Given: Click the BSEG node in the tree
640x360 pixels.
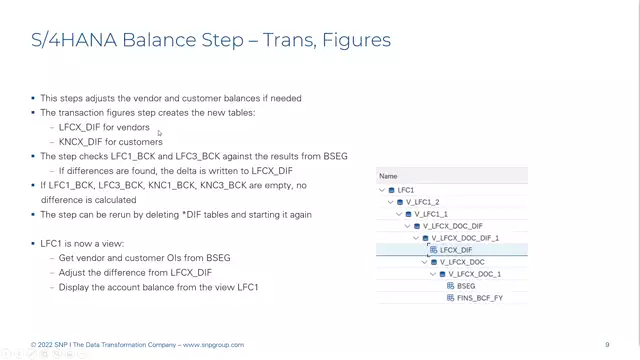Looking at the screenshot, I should pyautogui.click(x=465, y=286).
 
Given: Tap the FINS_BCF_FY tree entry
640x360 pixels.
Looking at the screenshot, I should pyautogui.click(x=479, y=298).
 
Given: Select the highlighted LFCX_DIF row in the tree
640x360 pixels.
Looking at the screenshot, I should pyautogui.click(x=456, y=250).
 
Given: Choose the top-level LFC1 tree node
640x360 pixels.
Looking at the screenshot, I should pyautogui.click(x=405, y=190).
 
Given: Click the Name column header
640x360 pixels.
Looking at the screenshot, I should pyautogui.click(x=388, y=176).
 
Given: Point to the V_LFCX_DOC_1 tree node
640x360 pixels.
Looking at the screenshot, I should pyautogui.click(x=474, y=274).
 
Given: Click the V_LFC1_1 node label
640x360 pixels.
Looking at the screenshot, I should pyautogui.click(x=433, y=214).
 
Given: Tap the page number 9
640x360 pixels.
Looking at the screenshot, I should pyautogui.click(x=607, y=345).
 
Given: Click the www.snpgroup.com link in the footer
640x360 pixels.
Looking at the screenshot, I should pyautogui.click(x=212, y=345).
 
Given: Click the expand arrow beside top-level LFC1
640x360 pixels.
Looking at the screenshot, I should pyautogui.click(x=382, y=190).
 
